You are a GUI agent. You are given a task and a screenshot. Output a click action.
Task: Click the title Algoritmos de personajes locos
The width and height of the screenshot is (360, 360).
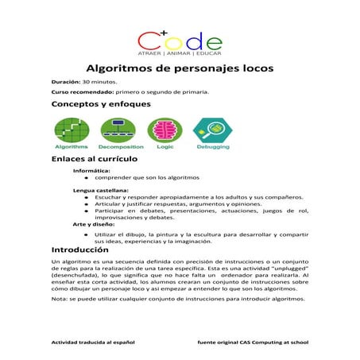tap(180, 68)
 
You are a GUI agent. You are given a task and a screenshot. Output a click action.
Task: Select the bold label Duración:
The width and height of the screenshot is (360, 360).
tap(65, 82)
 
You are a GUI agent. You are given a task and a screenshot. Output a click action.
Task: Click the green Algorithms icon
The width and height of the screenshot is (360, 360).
tap(71, 128)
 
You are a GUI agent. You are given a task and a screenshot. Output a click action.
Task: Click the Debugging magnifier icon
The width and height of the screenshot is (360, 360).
tap(211, 129)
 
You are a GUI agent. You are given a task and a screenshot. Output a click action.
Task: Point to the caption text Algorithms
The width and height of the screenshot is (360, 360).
tap(71, 148)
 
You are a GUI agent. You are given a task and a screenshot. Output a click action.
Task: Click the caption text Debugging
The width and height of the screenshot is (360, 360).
tap(211, 148)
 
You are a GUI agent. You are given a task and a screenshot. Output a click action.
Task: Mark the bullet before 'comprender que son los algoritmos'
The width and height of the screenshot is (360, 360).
tap(85, 178)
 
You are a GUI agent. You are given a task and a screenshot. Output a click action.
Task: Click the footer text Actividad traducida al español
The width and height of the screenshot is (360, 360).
tap(93, 341)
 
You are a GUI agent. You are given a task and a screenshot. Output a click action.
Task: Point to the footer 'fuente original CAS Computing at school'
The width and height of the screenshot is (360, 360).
tap(253, 341)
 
